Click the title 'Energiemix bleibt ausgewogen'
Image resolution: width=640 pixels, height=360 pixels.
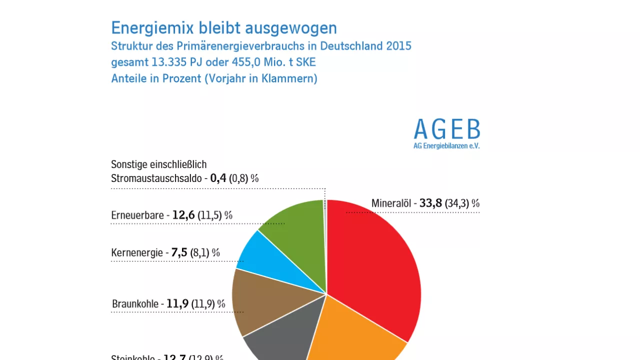224,28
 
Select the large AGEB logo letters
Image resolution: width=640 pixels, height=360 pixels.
446,130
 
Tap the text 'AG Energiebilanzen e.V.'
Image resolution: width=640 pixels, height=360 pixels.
446,146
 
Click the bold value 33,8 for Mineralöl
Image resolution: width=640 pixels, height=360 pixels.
430,203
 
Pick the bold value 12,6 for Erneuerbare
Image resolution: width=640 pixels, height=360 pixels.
183,215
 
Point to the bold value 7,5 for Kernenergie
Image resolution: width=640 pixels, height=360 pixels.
179,252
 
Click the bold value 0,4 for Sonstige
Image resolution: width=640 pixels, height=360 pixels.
218,178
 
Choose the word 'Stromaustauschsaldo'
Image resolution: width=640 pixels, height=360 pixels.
156,178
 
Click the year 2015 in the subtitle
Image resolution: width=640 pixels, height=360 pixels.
398,46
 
